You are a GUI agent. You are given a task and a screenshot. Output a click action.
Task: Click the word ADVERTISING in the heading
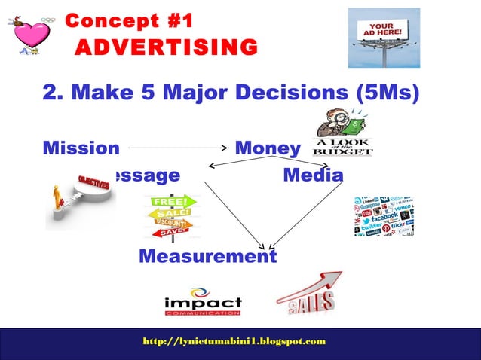[165, 48]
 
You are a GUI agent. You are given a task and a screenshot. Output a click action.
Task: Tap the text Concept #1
[129, 20]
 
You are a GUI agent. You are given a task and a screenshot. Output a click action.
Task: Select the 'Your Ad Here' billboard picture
[383, 38]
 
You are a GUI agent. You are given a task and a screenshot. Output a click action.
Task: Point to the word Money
[268, 148]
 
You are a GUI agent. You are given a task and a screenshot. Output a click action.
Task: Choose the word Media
[313, 175]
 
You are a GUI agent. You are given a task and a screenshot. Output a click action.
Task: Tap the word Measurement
[207, 257]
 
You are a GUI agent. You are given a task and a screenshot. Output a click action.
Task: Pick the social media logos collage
[384, 216]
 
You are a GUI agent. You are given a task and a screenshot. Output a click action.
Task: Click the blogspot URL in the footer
[234, 341]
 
